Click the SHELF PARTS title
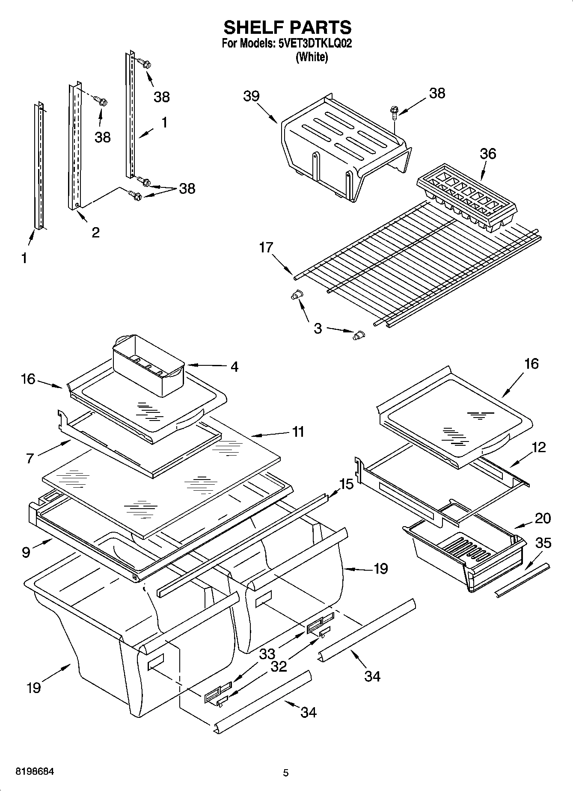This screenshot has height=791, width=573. click(x=287, y=27)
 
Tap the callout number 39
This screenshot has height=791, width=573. click(x=251, y=96)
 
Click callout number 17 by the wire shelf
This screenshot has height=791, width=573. click(x=266, y=247)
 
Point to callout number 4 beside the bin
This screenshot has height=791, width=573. click(x=234, y=366)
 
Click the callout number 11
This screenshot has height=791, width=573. click(x=298, y=432)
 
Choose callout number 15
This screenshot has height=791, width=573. click(x=346, y=484)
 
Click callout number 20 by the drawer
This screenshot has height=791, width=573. click(x=543, y=518)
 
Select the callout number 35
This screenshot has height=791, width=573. click(x=543, y=543)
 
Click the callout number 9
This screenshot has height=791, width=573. click(x=26, y=552)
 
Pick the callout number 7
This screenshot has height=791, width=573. click(x=30, y=458)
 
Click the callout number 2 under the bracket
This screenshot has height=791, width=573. click(x=95, y=232)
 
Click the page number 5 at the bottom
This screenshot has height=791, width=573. click(x=286, y=773)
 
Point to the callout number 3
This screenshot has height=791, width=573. click(x=318, y=329)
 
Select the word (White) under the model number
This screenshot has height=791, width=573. click(x=312, y=57)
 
